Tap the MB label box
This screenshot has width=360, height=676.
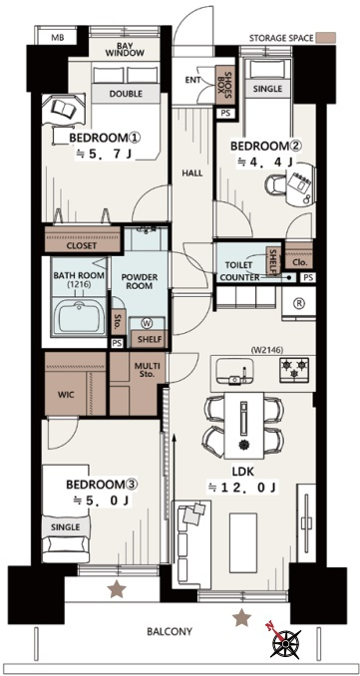click(x=58, y=38)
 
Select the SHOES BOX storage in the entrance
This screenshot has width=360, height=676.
click(x=225, y=85)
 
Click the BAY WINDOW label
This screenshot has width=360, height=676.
click(x=125, y=49)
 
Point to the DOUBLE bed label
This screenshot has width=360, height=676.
click(x=126, y=94)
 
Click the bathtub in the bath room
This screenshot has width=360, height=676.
click(x=80, y=317)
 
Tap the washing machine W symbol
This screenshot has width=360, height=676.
click(x=147, y=323)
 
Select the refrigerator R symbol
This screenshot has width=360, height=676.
click(x=298, y=302)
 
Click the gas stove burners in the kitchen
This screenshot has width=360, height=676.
click(x=294, y=370)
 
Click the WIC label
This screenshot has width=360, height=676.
click(x=65, y=395)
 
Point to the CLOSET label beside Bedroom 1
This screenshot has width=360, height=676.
click(x=82, y=246)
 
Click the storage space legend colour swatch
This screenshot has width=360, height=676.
click(x=325, y=38)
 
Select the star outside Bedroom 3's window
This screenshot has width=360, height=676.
click(x=117, y=589)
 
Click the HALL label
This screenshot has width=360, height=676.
click(x=192, y=173)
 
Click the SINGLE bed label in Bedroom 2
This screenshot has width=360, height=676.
click(x=267, y=89)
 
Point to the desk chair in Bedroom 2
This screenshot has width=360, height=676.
click(x=274, y=184)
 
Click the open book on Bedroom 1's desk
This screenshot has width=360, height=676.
click(x=64, y=109)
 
